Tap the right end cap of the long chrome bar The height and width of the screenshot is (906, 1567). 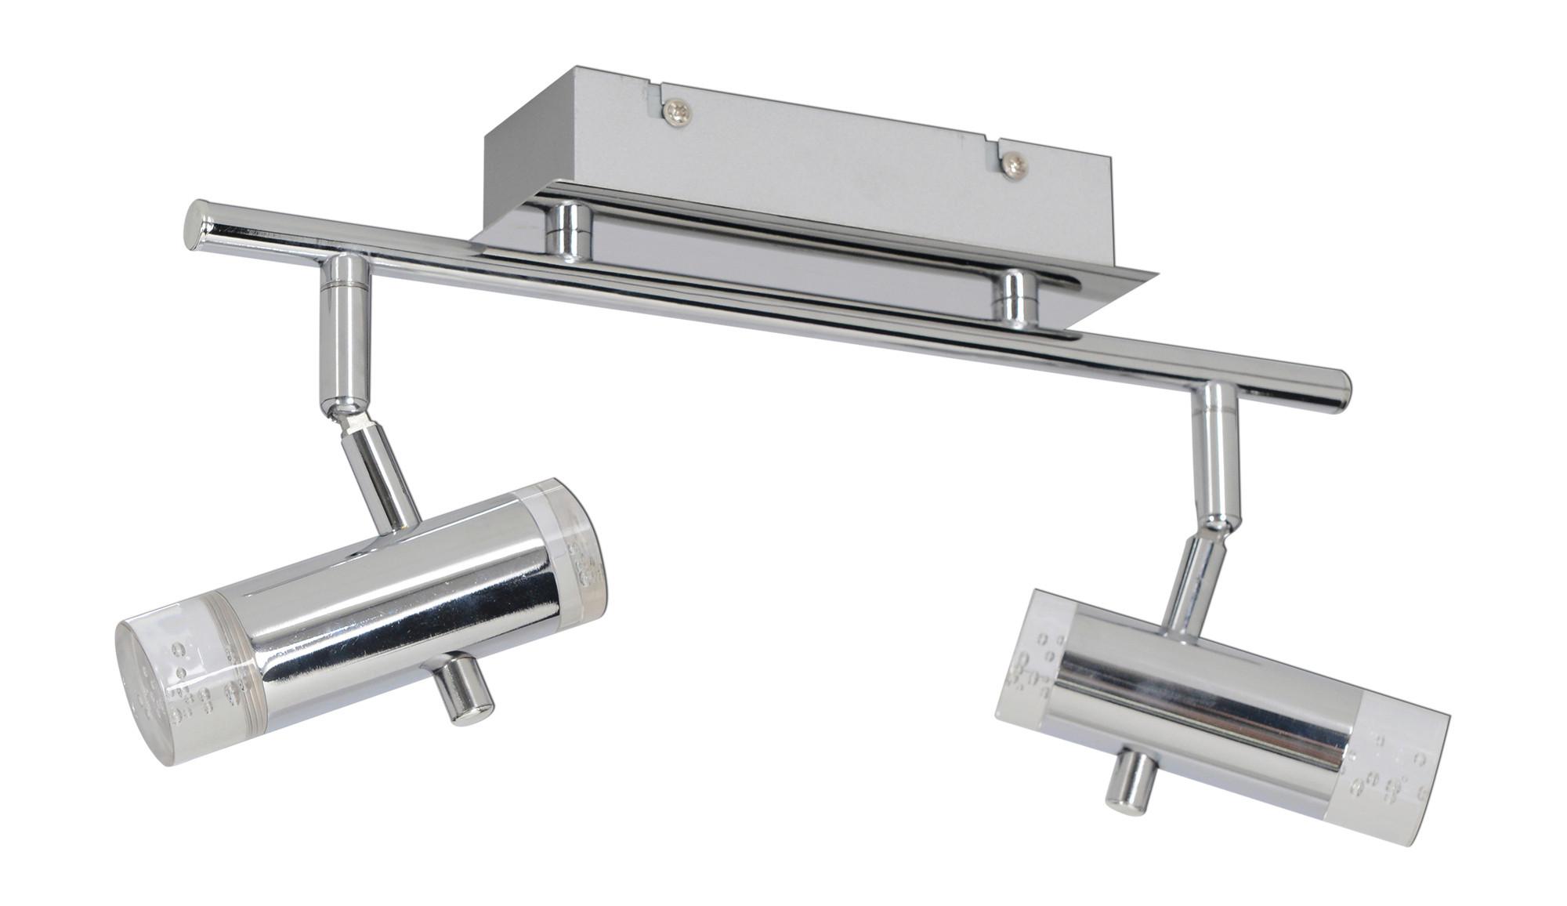(x=1341, y=390)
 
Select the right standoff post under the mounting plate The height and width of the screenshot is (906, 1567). (x=1016, y=299)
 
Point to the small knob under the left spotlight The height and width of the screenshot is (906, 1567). (x=466, y=693)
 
